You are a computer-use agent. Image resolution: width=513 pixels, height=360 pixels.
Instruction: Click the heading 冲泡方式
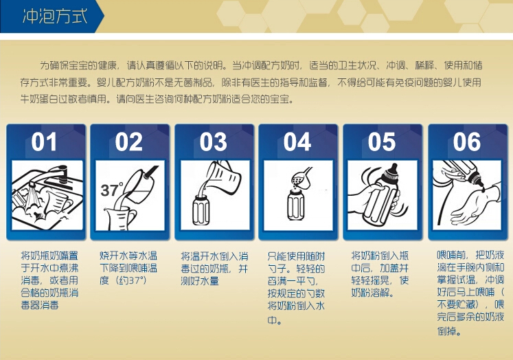pos(55,16)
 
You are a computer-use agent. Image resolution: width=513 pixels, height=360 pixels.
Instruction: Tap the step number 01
pos(44,142)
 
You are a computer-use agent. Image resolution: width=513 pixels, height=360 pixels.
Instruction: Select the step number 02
pos(128,142)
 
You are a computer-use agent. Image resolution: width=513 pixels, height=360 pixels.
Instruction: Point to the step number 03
pos(214,142)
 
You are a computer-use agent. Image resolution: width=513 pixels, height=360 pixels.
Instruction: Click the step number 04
pos(297,142)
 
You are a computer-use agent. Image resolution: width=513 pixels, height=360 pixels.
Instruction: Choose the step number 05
pos(382,142)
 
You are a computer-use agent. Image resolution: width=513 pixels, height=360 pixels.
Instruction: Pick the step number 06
pos(467,142)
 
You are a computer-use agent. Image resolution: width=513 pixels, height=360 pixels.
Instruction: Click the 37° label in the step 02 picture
pos(111,190)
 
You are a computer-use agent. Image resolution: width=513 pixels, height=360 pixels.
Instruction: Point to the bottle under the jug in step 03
pos(201,210)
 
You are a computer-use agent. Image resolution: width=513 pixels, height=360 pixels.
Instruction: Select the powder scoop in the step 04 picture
pos(301,178)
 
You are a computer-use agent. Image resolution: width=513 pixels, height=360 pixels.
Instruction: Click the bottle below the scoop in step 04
pos(296,205)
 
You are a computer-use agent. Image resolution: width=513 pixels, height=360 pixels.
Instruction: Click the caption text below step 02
pos(128,268)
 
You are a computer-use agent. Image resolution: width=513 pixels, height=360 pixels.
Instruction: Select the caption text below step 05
pos(380,274)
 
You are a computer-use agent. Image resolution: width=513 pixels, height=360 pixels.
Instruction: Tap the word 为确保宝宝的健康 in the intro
pos(78,65)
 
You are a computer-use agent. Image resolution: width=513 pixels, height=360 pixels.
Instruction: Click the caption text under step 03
pos(215,269)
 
